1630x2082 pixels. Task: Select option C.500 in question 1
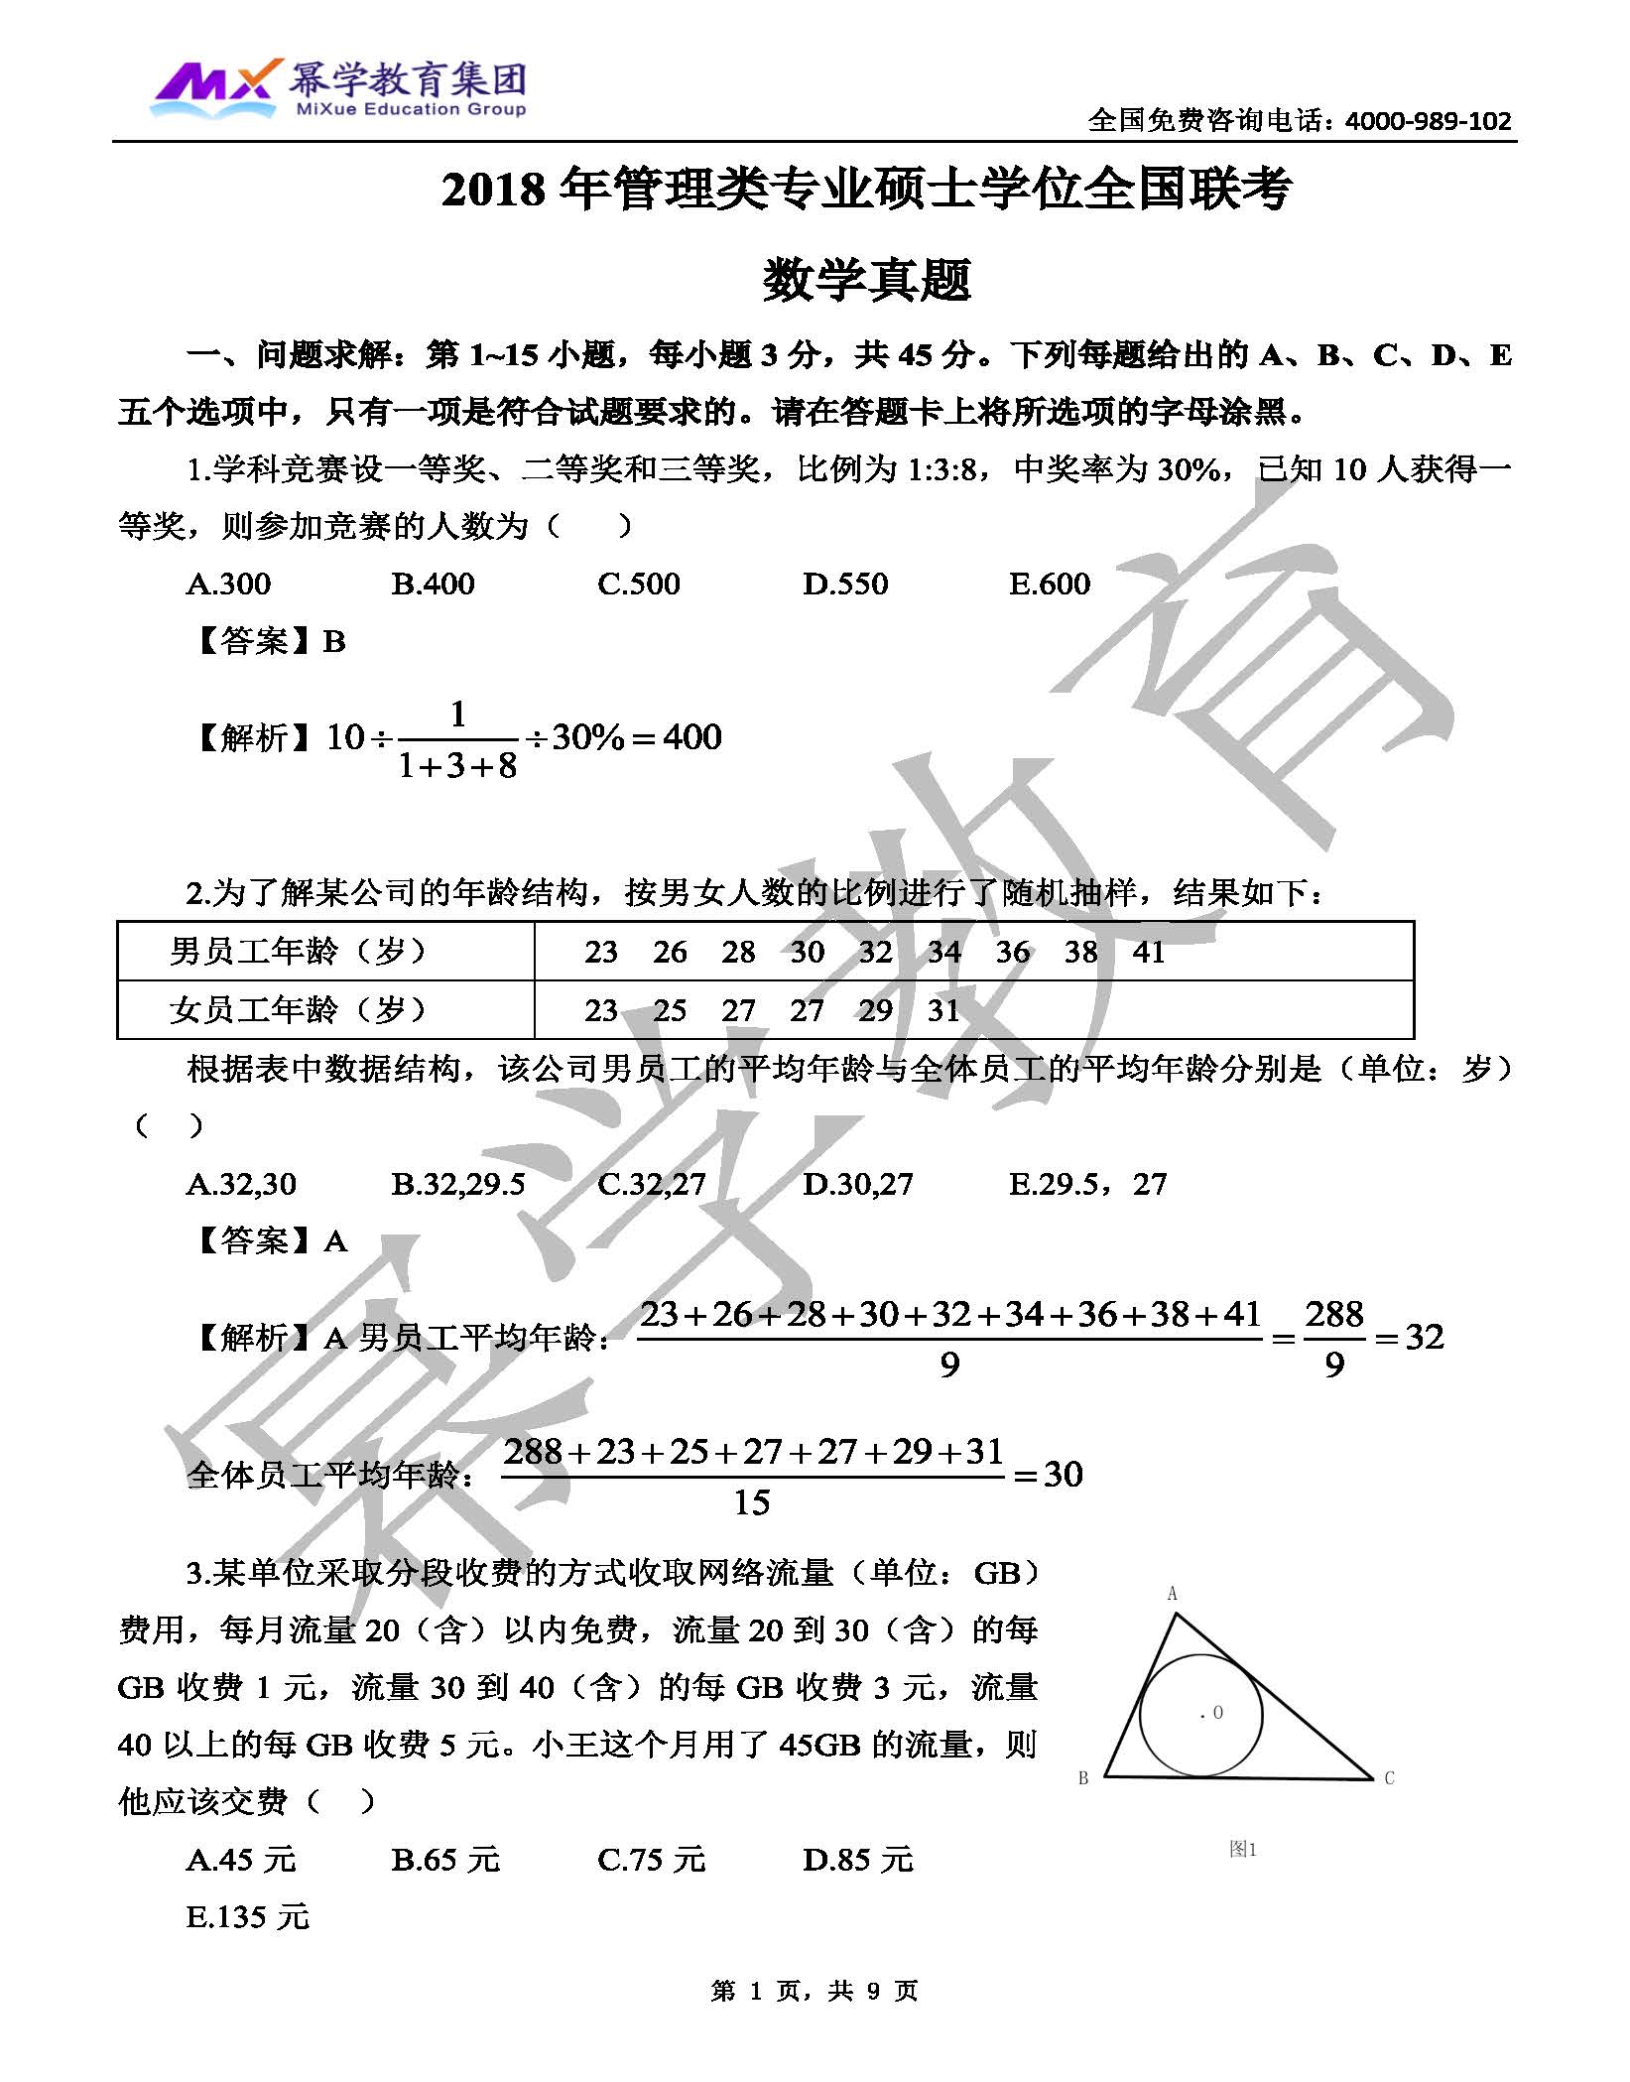[x=638, y=584]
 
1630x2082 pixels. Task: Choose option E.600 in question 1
[x=1049, y=584]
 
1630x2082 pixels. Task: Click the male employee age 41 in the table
[x=1148, y=952]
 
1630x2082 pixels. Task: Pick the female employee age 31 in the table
[x=943, y=1010]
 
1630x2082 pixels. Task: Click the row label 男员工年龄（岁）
[x=298, y=952]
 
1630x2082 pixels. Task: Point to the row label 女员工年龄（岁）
[x=298, y=1010]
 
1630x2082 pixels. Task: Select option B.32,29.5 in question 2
[x=458, y=1184]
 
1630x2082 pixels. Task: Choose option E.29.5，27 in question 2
[x=1087, y=1184]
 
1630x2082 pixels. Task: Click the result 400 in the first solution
[x=691, y=737]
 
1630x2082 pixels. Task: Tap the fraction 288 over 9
[x=1333, y=1339]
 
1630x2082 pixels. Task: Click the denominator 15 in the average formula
[x=752, y=1502]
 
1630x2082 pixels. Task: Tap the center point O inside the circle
[x=1211, y=1713]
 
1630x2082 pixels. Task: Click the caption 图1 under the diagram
[x=1242, y=1849]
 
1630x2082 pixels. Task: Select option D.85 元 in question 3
[x=857, y=1860]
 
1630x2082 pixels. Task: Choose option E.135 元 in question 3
[x=248, y=1917]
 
